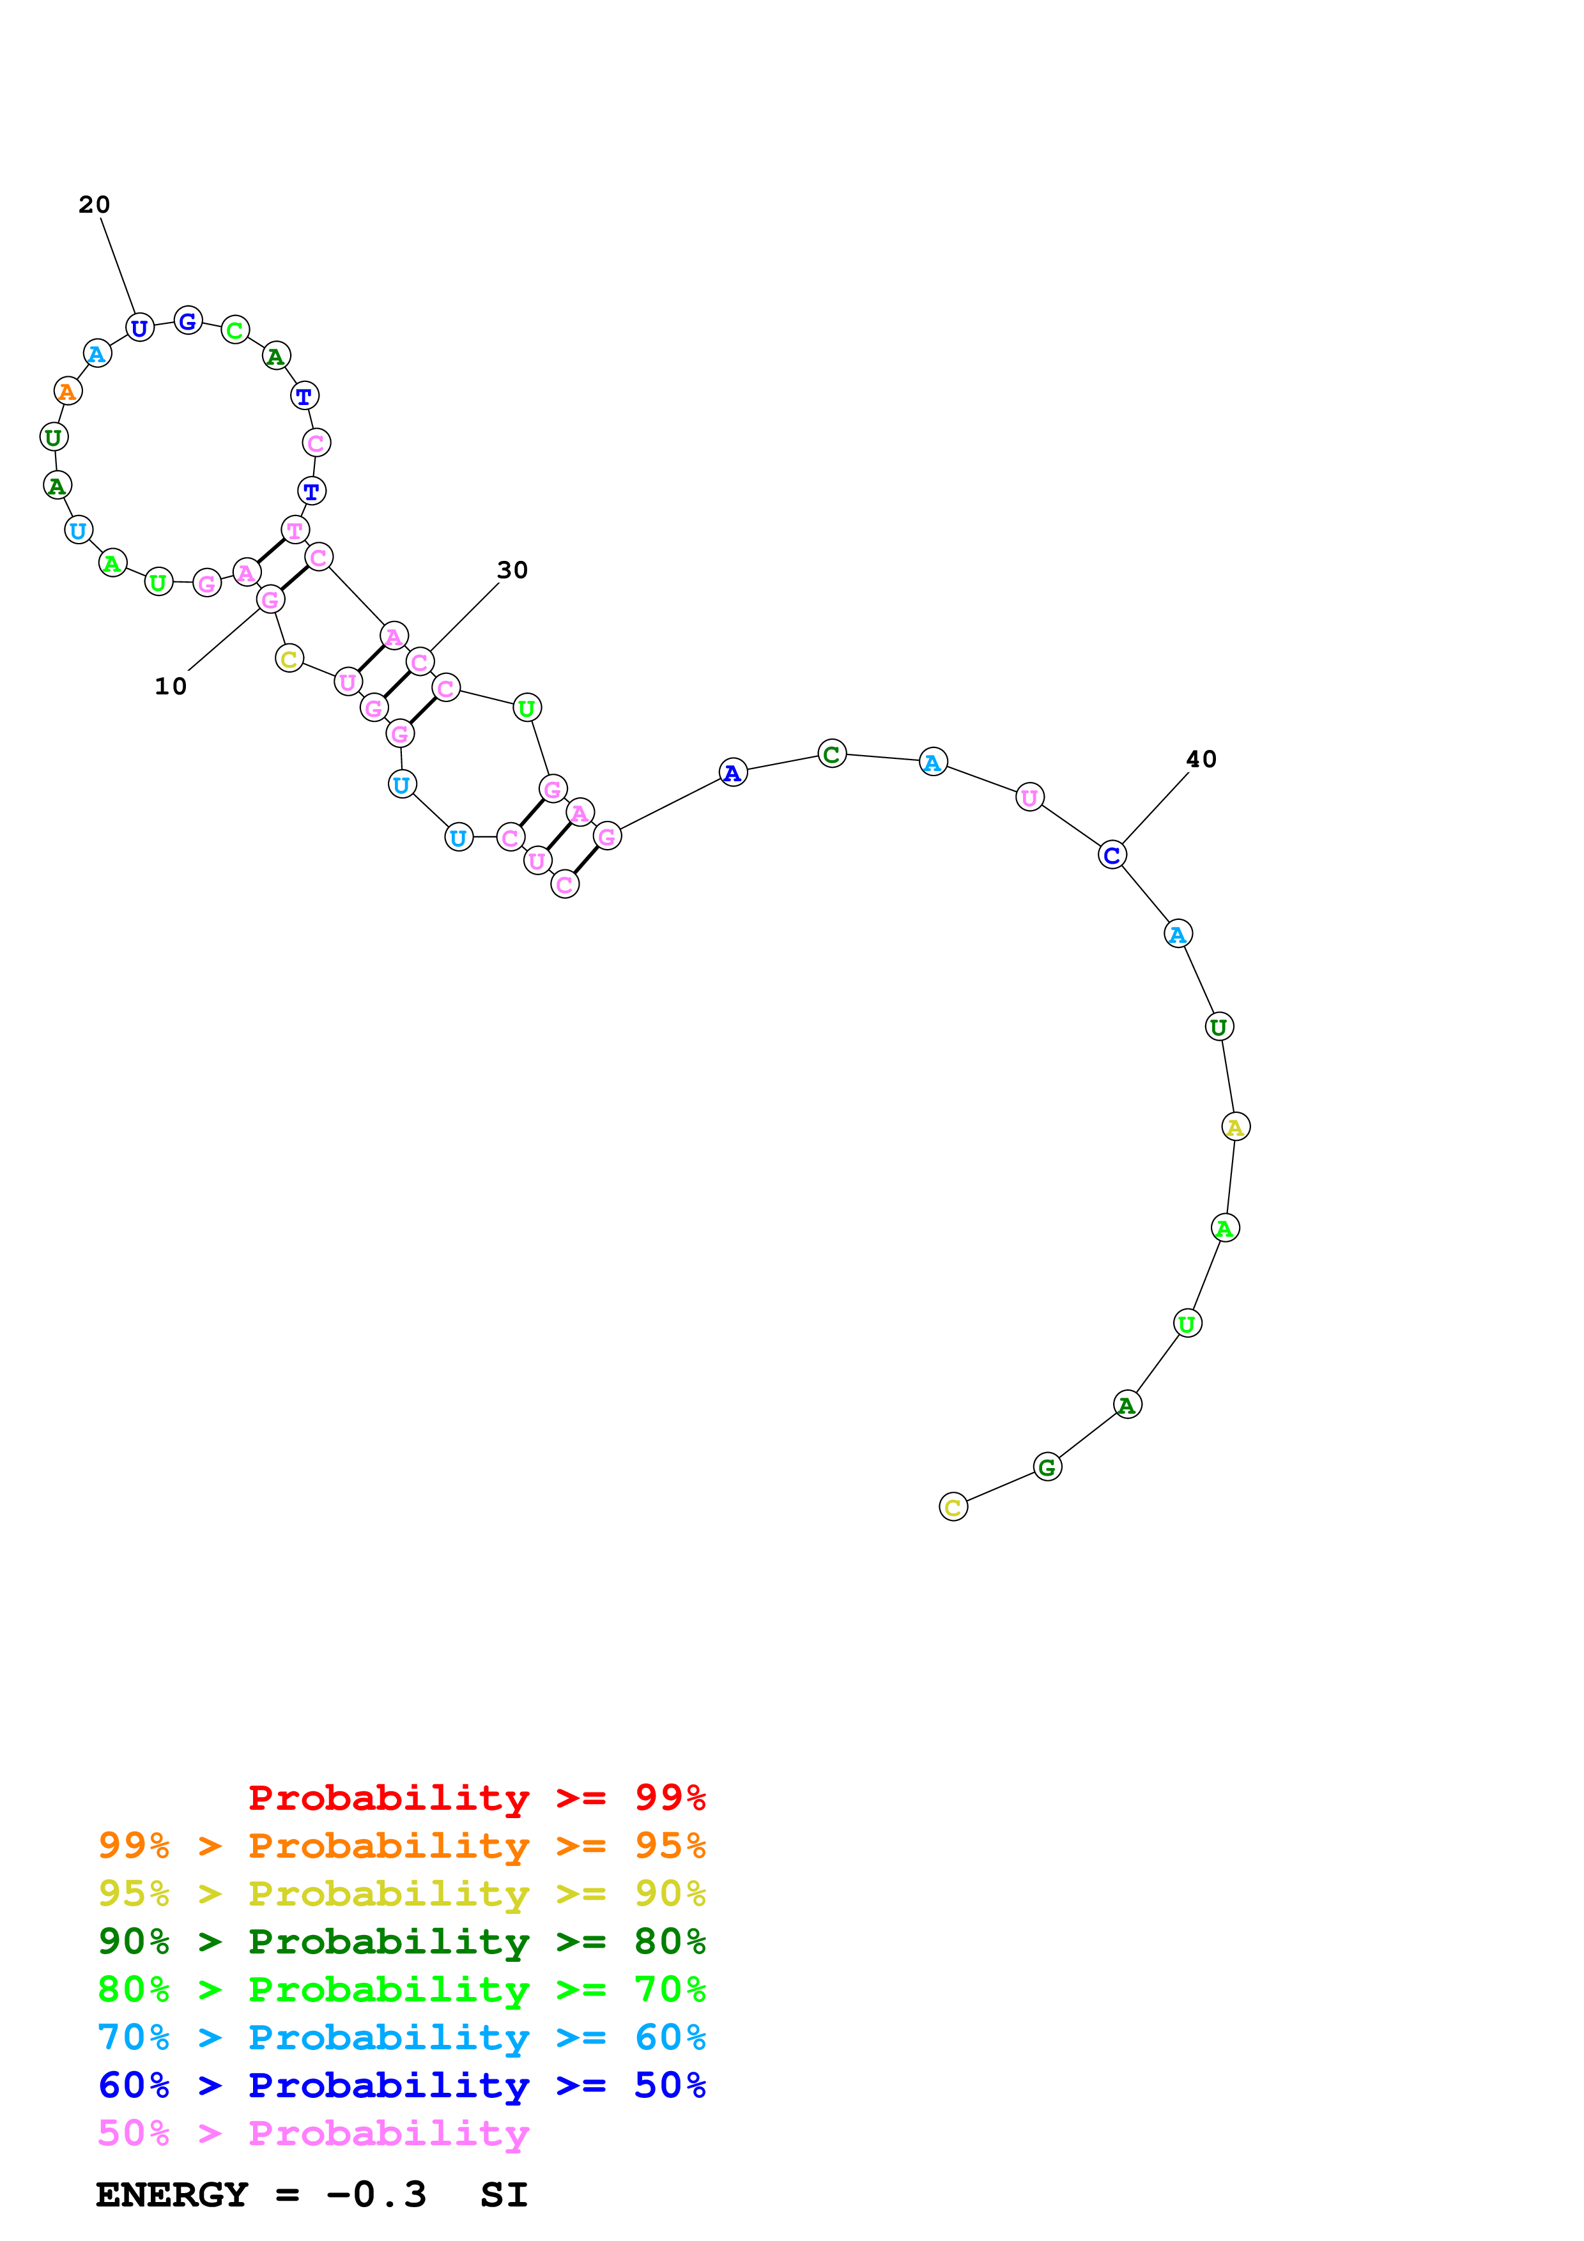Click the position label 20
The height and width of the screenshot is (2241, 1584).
95,205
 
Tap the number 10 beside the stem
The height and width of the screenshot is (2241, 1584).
170,686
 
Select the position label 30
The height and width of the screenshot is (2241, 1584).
512,570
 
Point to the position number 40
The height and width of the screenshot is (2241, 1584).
1201,760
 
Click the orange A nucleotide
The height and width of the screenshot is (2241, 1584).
67,392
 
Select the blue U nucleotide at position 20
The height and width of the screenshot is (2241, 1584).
139,328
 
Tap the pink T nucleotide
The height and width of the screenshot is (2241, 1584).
295,530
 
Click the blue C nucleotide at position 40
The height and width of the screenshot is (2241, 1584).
1112,855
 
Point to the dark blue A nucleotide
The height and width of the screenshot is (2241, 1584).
733,773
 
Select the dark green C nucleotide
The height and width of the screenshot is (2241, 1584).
831,754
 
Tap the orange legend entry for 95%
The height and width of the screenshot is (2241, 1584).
401,1846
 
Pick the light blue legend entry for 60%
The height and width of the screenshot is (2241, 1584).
401,2037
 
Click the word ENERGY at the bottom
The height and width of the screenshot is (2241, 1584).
172,2194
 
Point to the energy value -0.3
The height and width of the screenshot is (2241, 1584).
377,2194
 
